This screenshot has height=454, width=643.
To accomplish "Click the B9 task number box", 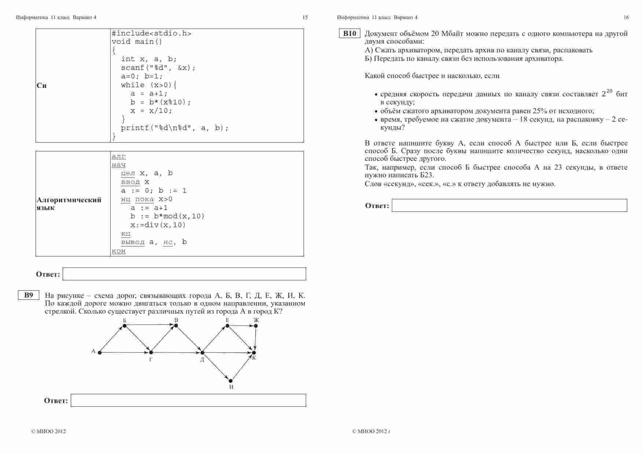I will pyautogui.click(x=29, y=295).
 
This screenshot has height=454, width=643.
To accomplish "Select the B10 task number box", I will pyautogui.click(x=349, y=34).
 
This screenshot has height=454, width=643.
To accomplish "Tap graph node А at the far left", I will pyautogui.click(x=99, y=353).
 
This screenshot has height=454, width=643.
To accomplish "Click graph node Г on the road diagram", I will pyautogui.click(x=151, y=353).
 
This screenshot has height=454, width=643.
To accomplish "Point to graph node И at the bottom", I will pyautogui.click(x=231, y=381).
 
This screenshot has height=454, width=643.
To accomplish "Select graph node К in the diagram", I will pyautogui.click(x=253, y=353).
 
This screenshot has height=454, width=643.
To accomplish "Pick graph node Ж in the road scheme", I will pyautogui.click(x=256, y=325).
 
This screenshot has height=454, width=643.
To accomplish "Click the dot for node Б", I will pyautogui.click(x=125, y=325).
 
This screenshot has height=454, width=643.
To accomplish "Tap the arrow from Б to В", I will pyautogui.click(x=150, y=325).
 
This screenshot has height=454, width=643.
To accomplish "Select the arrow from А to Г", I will pyautogui.click(x=125, y=353).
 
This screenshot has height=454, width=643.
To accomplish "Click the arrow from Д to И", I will pyautogui.click(x=216, y=367).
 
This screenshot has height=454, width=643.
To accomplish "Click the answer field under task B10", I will pyautogui.click(x=509, y=206).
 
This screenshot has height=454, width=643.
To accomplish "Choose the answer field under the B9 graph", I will pyautogui.click(x=188, y=401).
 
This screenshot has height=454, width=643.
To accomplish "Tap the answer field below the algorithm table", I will pyautogui.click(x=184, y=274).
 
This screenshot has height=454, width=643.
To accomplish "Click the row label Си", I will pyautogui.click(x=41, y=86).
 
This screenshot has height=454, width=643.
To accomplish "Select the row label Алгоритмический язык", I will pyautogui.click(x=69, y=204).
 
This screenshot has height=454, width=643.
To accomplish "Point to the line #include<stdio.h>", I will pyautogui.click(x=151, y=33).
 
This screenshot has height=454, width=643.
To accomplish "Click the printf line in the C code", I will pyautogui.click(x=174, y=128).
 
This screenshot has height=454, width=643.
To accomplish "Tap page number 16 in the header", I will pyautogui.click(x=626, y=17).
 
